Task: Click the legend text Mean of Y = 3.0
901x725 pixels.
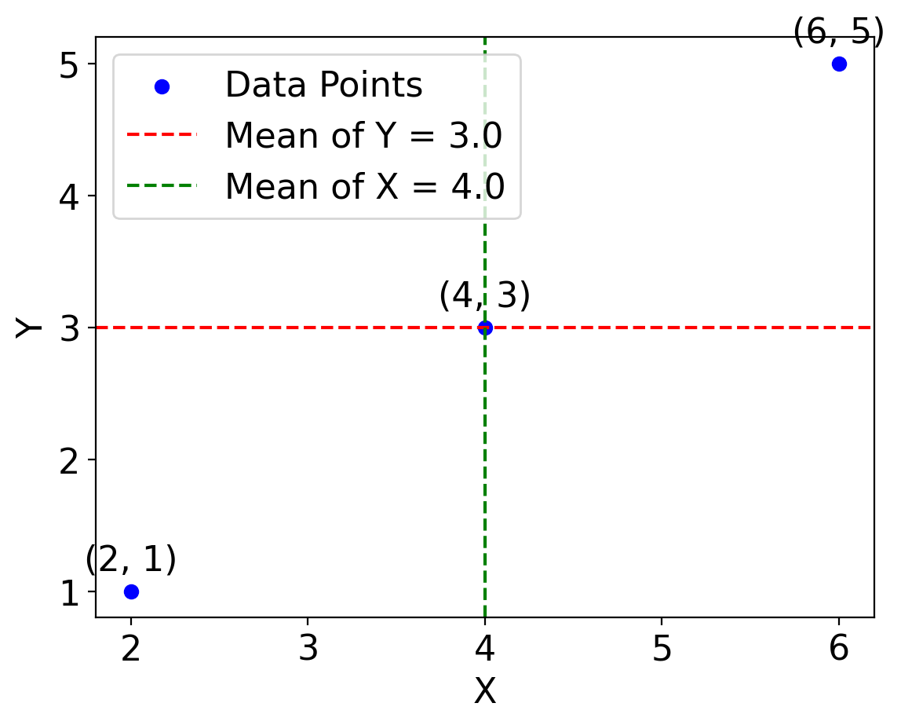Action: pyautogui.click(x=363, y=136)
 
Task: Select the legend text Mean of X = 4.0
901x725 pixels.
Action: pyautogui.click(x=364, y=187)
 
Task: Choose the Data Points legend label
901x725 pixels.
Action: pyautogui.click(x=323, y=85)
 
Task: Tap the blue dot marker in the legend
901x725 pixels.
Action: pyautogui.click(x=162, y=86)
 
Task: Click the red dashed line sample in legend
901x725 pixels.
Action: pyautogui.click(x=162, y=136)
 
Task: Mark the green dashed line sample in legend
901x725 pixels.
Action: pyautogui.click(x=162, y=187)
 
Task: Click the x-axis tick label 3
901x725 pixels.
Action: pyautogui.click(x=308, y=649)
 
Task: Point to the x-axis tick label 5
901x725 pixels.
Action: pyautogui.click(x=662, y=649)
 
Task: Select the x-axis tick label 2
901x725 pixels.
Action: pyautogui.click(x=131, y=649)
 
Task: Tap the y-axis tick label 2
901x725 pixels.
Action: pyautogui.click(x=70, y=460)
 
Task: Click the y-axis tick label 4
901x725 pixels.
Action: pyautogui.click(x=70, y=196)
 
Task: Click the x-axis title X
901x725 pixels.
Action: pyautogui.click(x=485, y=692)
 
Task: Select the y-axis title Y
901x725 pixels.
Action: pyautogui.click(x=29, y=328)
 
